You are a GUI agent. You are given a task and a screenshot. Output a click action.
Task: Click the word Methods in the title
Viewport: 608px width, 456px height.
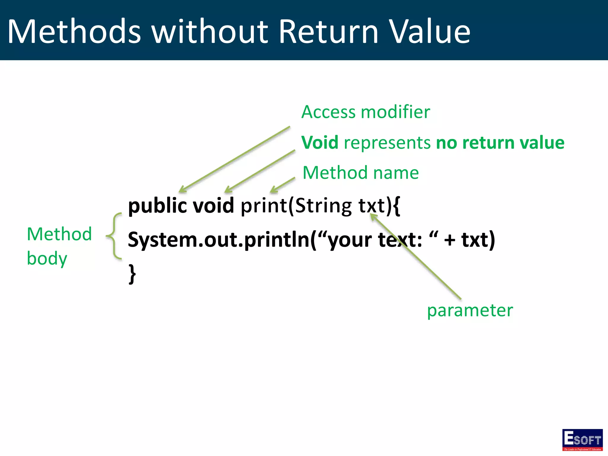tap(74, 31)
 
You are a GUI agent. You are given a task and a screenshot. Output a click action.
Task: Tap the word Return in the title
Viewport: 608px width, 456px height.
tap(329, 31)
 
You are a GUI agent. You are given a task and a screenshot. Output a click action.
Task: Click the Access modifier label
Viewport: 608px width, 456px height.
tap(365, 112)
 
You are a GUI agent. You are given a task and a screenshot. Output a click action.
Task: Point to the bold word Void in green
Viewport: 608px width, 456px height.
tap(320, 142)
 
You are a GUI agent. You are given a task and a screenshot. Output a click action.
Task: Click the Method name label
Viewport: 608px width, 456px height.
tap(360, 173)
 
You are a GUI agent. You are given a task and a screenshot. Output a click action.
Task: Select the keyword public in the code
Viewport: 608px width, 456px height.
tap(157, 206)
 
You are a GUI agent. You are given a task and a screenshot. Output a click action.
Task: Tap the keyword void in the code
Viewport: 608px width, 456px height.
tap(213, 206)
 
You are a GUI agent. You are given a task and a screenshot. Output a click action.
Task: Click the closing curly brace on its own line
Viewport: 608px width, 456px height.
tap(132, 274)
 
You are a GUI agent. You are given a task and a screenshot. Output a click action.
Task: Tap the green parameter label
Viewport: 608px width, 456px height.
tap(470, 311)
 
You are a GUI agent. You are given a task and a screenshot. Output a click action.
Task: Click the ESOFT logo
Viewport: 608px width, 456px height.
tap(582, 440)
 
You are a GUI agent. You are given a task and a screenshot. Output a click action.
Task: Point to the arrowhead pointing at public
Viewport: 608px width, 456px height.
tap(182, 190)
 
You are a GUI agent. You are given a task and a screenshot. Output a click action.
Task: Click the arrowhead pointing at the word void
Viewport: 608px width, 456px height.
tap(228, 190)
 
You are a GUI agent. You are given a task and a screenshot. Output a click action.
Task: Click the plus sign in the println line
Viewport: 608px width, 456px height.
tap(449, 240)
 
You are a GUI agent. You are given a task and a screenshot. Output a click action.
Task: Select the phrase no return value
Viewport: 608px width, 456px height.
tap(500, 142)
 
